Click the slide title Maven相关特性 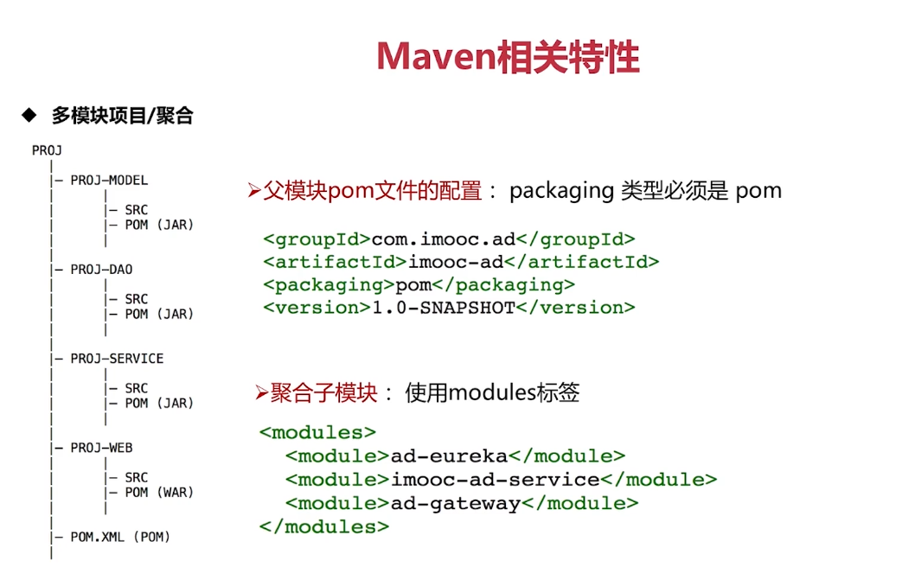[508, 57]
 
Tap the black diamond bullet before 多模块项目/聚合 [29, 114]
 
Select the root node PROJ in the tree [47, 150]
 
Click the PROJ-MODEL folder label [109, 181]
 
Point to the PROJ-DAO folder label [101, 270]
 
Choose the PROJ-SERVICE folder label [117, 359]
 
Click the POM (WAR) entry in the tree [159, 493]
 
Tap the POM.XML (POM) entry [120, 537]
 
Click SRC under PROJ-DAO [136, 299]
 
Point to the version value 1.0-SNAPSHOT [443, 307]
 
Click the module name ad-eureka [448, 456]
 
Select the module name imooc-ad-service [496, 479]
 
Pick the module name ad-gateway [455, 502]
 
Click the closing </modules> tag [323, 526]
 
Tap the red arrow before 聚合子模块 [262, 393]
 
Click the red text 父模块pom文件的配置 [372, 191]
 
